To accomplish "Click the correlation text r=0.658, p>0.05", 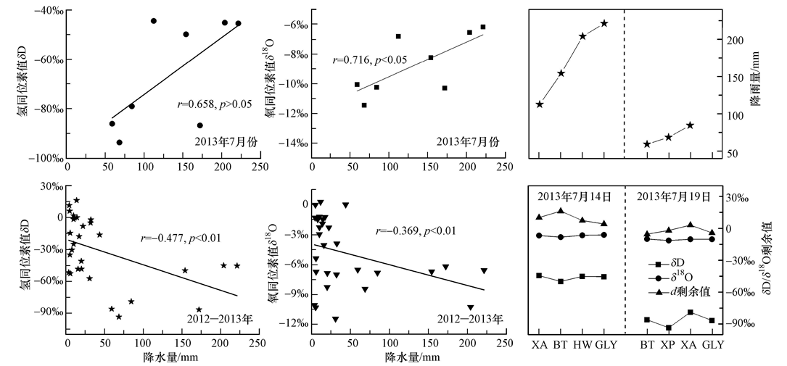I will click(215, 104).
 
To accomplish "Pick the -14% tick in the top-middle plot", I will click(297, 144).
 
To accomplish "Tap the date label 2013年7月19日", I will click(674, 196).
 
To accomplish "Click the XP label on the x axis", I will click(669, 345).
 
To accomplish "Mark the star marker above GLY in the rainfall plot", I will click(604, 23).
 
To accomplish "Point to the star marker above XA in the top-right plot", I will click(540, 104).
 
